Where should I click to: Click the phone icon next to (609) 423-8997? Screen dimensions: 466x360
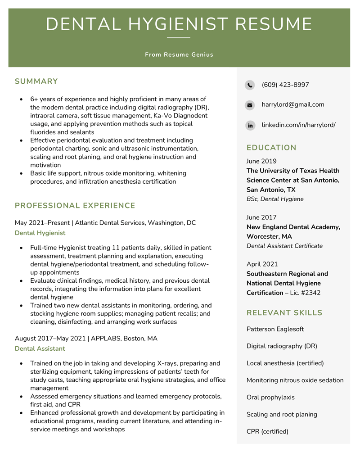tap(250, 85)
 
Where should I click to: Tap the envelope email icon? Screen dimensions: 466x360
tap(250, 105)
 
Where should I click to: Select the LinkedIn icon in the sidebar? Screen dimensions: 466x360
tap(250, 125)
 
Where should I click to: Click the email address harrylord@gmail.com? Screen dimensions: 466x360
tap(292, 104)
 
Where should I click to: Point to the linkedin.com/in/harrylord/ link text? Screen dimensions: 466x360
tap(298, 125)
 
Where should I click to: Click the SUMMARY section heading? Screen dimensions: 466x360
tap(36, 81)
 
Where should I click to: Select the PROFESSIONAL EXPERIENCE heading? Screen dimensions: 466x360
tap(75, 206)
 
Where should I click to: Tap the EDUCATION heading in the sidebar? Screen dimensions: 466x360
tap(271, 148)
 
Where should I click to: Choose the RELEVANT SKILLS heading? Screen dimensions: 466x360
tap(284, 313)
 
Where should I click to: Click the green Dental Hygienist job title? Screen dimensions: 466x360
tap(40, 233)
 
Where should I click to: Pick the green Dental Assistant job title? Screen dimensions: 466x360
tap(40, 348)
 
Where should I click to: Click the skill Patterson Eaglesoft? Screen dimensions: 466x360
tap(275, 329)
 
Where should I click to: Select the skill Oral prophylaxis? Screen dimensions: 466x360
tap(270, 398)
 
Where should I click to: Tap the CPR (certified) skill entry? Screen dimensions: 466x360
tap(267, 431)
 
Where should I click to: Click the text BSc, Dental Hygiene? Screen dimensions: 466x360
tap(275, 199)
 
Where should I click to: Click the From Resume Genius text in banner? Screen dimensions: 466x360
tap(179, 54)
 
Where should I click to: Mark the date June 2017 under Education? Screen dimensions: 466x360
tap(261, 217)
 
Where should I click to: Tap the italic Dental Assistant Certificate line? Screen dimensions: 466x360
tap(284, 246)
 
